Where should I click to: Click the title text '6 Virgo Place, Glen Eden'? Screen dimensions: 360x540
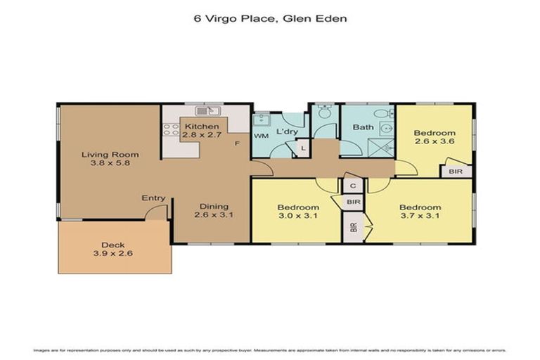(x=270, y=19)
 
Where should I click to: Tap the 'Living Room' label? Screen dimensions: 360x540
(x=110, y=155)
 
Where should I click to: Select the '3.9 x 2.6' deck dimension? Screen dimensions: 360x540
(x=112, y=253)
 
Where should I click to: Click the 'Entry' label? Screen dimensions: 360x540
(x=153, y=198)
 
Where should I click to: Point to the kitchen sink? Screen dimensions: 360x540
(x=209, y=111)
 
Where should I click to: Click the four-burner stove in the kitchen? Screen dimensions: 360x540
(x=171, y=129)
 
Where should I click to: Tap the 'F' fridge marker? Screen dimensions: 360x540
(x=238, y=143)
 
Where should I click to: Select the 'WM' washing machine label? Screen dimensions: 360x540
(x=262, y=135)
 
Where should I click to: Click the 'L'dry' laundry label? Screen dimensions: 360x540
(x=286, y=132)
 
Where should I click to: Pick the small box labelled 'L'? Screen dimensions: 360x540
(x=302, y=148)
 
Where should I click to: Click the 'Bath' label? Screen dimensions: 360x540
(x=363, y=127)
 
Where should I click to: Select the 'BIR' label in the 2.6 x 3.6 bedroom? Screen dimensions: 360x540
(x=455, y=171)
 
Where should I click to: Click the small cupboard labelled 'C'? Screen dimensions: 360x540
(x=353, y=186)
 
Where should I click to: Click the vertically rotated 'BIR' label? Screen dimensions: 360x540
(x=353, y=228)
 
